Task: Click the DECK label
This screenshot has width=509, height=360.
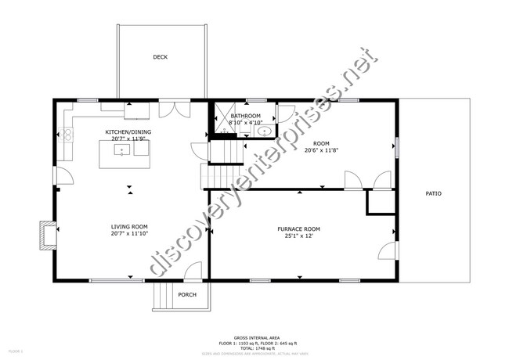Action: coord(160,57)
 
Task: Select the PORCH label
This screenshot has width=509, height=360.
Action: coord(187,295)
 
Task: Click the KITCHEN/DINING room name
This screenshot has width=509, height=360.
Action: coord(130,131)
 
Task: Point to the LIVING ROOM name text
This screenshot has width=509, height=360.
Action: coord(129,226)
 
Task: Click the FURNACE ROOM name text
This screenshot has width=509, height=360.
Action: coord(298,229)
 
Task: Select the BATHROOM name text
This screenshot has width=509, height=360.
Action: coord(245,116)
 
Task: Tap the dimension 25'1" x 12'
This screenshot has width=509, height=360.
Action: coord(298,236)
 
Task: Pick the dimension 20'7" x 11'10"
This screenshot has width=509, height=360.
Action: coord(129,233)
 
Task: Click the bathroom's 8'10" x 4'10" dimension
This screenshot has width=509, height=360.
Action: coord(245,123)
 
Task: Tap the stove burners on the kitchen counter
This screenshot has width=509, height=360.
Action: coord(67,135)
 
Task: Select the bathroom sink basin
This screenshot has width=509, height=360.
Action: coord(265,131)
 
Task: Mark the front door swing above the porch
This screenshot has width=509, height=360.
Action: coord(192,272)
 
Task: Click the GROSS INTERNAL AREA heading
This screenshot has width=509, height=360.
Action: coord(254,339)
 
